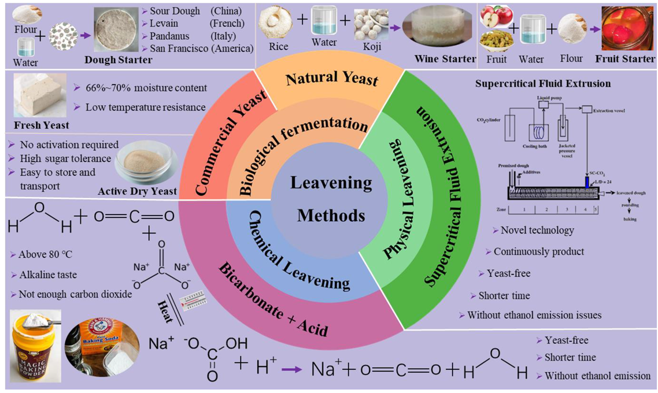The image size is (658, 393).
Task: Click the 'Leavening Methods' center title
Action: point(331,199)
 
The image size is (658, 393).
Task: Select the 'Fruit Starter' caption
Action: point(627,59)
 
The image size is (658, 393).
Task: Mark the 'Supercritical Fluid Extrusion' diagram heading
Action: point(543,83)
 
